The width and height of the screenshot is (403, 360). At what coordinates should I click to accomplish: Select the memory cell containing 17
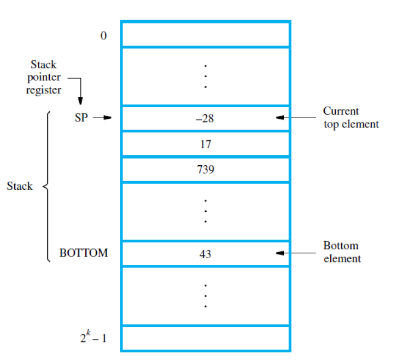(x=205, y=144)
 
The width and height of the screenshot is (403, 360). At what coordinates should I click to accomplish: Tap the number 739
(x=205, y=170)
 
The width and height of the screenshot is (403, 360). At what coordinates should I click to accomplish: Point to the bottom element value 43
(x=205, y=254)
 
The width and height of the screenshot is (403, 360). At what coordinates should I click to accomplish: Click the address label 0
(x=103, y=37)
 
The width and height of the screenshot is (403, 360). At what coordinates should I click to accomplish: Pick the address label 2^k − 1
(x=92, y=338)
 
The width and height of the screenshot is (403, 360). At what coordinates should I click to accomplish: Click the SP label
(x=81, y=117)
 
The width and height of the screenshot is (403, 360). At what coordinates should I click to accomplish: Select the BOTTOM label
(x=84, y=253)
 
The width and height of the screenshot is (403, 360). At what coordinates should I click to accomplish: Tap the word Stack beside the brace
(x=20, y=186)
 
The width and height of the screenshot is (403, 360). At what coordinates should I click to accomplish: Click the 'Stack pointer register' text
(x=43, y=78)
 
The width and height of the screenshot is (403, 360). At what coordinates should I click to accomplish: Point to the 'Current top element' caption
(x=351, y=118)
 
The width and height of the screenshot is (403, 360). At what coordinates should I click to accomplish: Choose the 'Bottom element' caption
(x=342, y=252)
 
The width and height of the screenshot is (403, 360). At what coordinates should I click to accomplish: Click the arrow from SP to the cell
(x=102, y=118)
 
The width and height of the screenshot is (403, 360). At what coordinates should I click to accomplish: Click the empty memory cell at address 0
(x=205, y=34)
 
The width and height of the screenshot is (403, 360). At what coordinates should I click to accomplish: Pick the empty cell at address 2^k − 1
(x=205, y=338)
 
